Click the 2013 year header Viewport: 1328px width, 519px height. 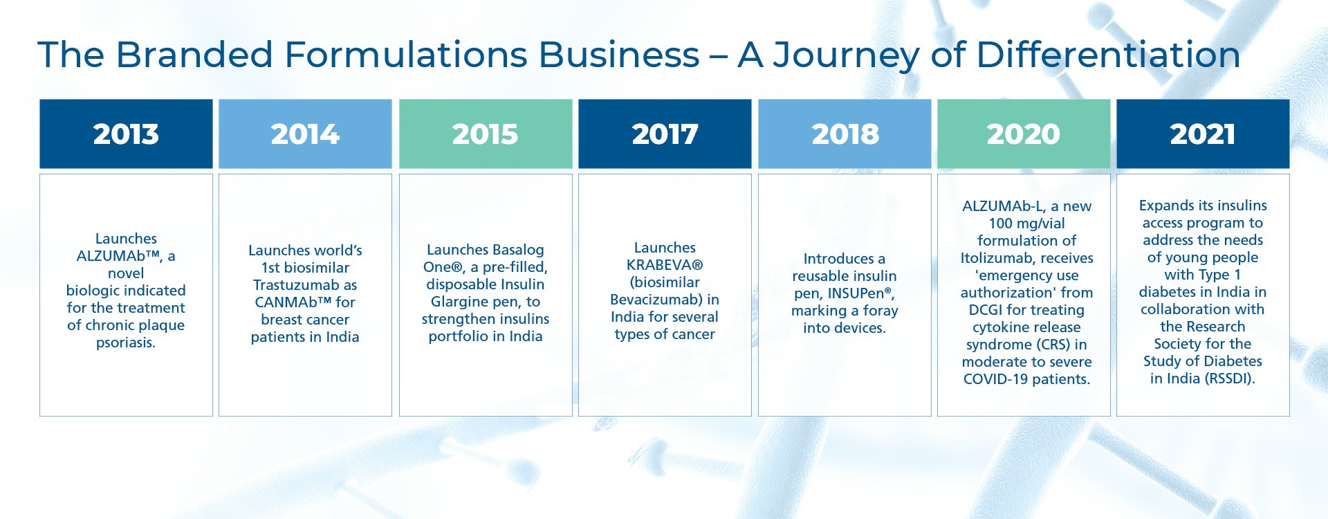tap(126, 134)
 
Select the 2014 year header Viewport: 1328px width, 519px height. tap(305, 134)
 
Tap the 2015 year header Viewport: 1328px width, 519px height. tap(486, 134)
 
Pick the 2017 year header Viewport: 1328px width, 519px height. tap(665, 134)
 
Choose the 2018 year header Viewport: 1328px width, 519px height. tap(845, 134)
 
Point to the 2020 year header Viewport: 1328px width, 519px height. tap(1024, 134)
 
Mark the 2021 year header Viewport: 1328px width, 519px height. tap(1203, 134)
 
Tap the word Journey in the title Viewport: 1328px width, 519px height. tap(846, 55)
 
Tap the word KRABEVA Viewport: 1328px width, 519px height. tap(661, 265)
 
